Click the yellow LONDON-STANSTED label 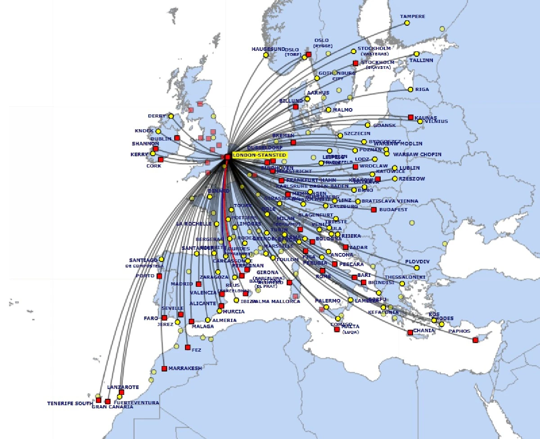coord(259,155)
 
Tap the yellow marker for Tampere coord(407,23)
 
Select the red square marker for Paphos coord(475,340)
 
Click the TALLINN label coord(421,60)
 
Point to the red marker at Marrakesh coord(164,368)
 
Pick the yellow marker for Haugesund coord(265,55)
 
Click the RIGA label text coord(422,89)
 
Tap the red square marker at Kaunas coord(410,117)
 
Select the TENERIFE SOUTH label coord(70,403)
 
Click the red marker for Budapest coord(373,209)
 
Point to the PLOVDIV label coord(417,262)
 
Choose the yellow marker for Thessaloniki coord(402,283)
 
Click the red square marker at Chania coord(410,332)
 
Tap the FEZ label coord(196,350)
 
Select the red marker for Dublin coord(177,138)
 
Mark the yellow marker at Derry coord(171,116)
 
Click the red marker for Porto coord(159,276)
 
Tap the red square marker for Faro coord(164,318)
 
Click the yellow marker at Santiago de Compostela coord(162,259)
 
